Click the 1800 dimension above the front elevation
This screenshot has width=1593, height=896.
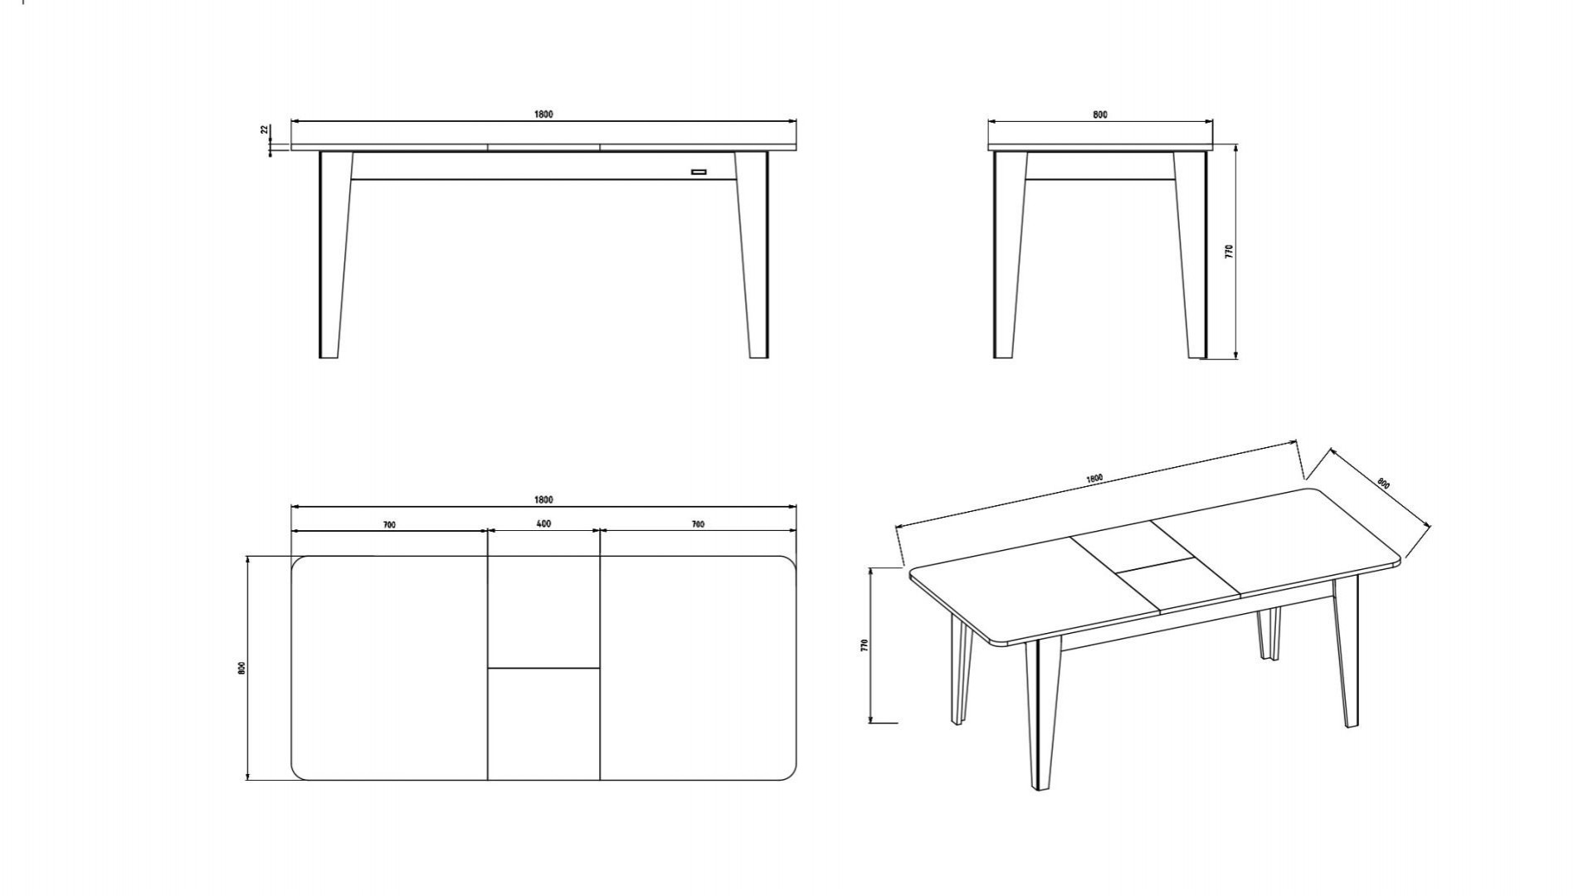coord(543,114)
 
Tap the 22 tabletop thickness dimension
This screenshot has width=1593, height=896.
coord(265,130)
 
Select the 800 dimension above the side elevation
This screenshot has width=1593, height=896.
coord(1100,115)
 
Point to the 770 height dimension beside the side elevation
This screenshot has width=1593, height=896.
coord(1230,251)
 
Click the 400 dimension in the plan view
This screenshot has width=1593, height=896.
coord(543,524)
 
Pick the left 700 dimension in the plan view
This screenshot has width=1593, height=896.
coord(389,525)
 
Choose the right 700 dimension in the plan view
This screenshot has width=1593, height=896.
coord(698,524)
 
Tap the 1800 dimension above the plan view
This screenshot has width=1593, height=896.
coord(543,500)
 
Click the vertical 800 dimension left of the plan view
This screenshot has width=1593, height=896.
coord(241,668)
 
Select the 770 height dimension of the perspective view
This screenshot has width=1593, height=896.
coord(864,645)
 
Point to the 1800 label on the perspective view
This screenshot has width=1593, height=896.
coord(1094,479)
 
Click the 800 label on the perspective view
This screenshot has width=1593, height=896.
coord(1383,483)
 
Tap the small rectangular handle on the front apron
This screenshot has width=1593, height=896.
coord(699,173)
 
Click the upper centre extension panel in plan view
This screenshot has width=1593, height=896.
coord(543,611)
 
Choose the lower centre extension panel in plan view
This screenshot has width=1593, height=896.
coord(543,724)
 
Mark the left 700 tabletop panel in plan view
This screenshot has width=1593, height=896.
coord(389,668)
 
